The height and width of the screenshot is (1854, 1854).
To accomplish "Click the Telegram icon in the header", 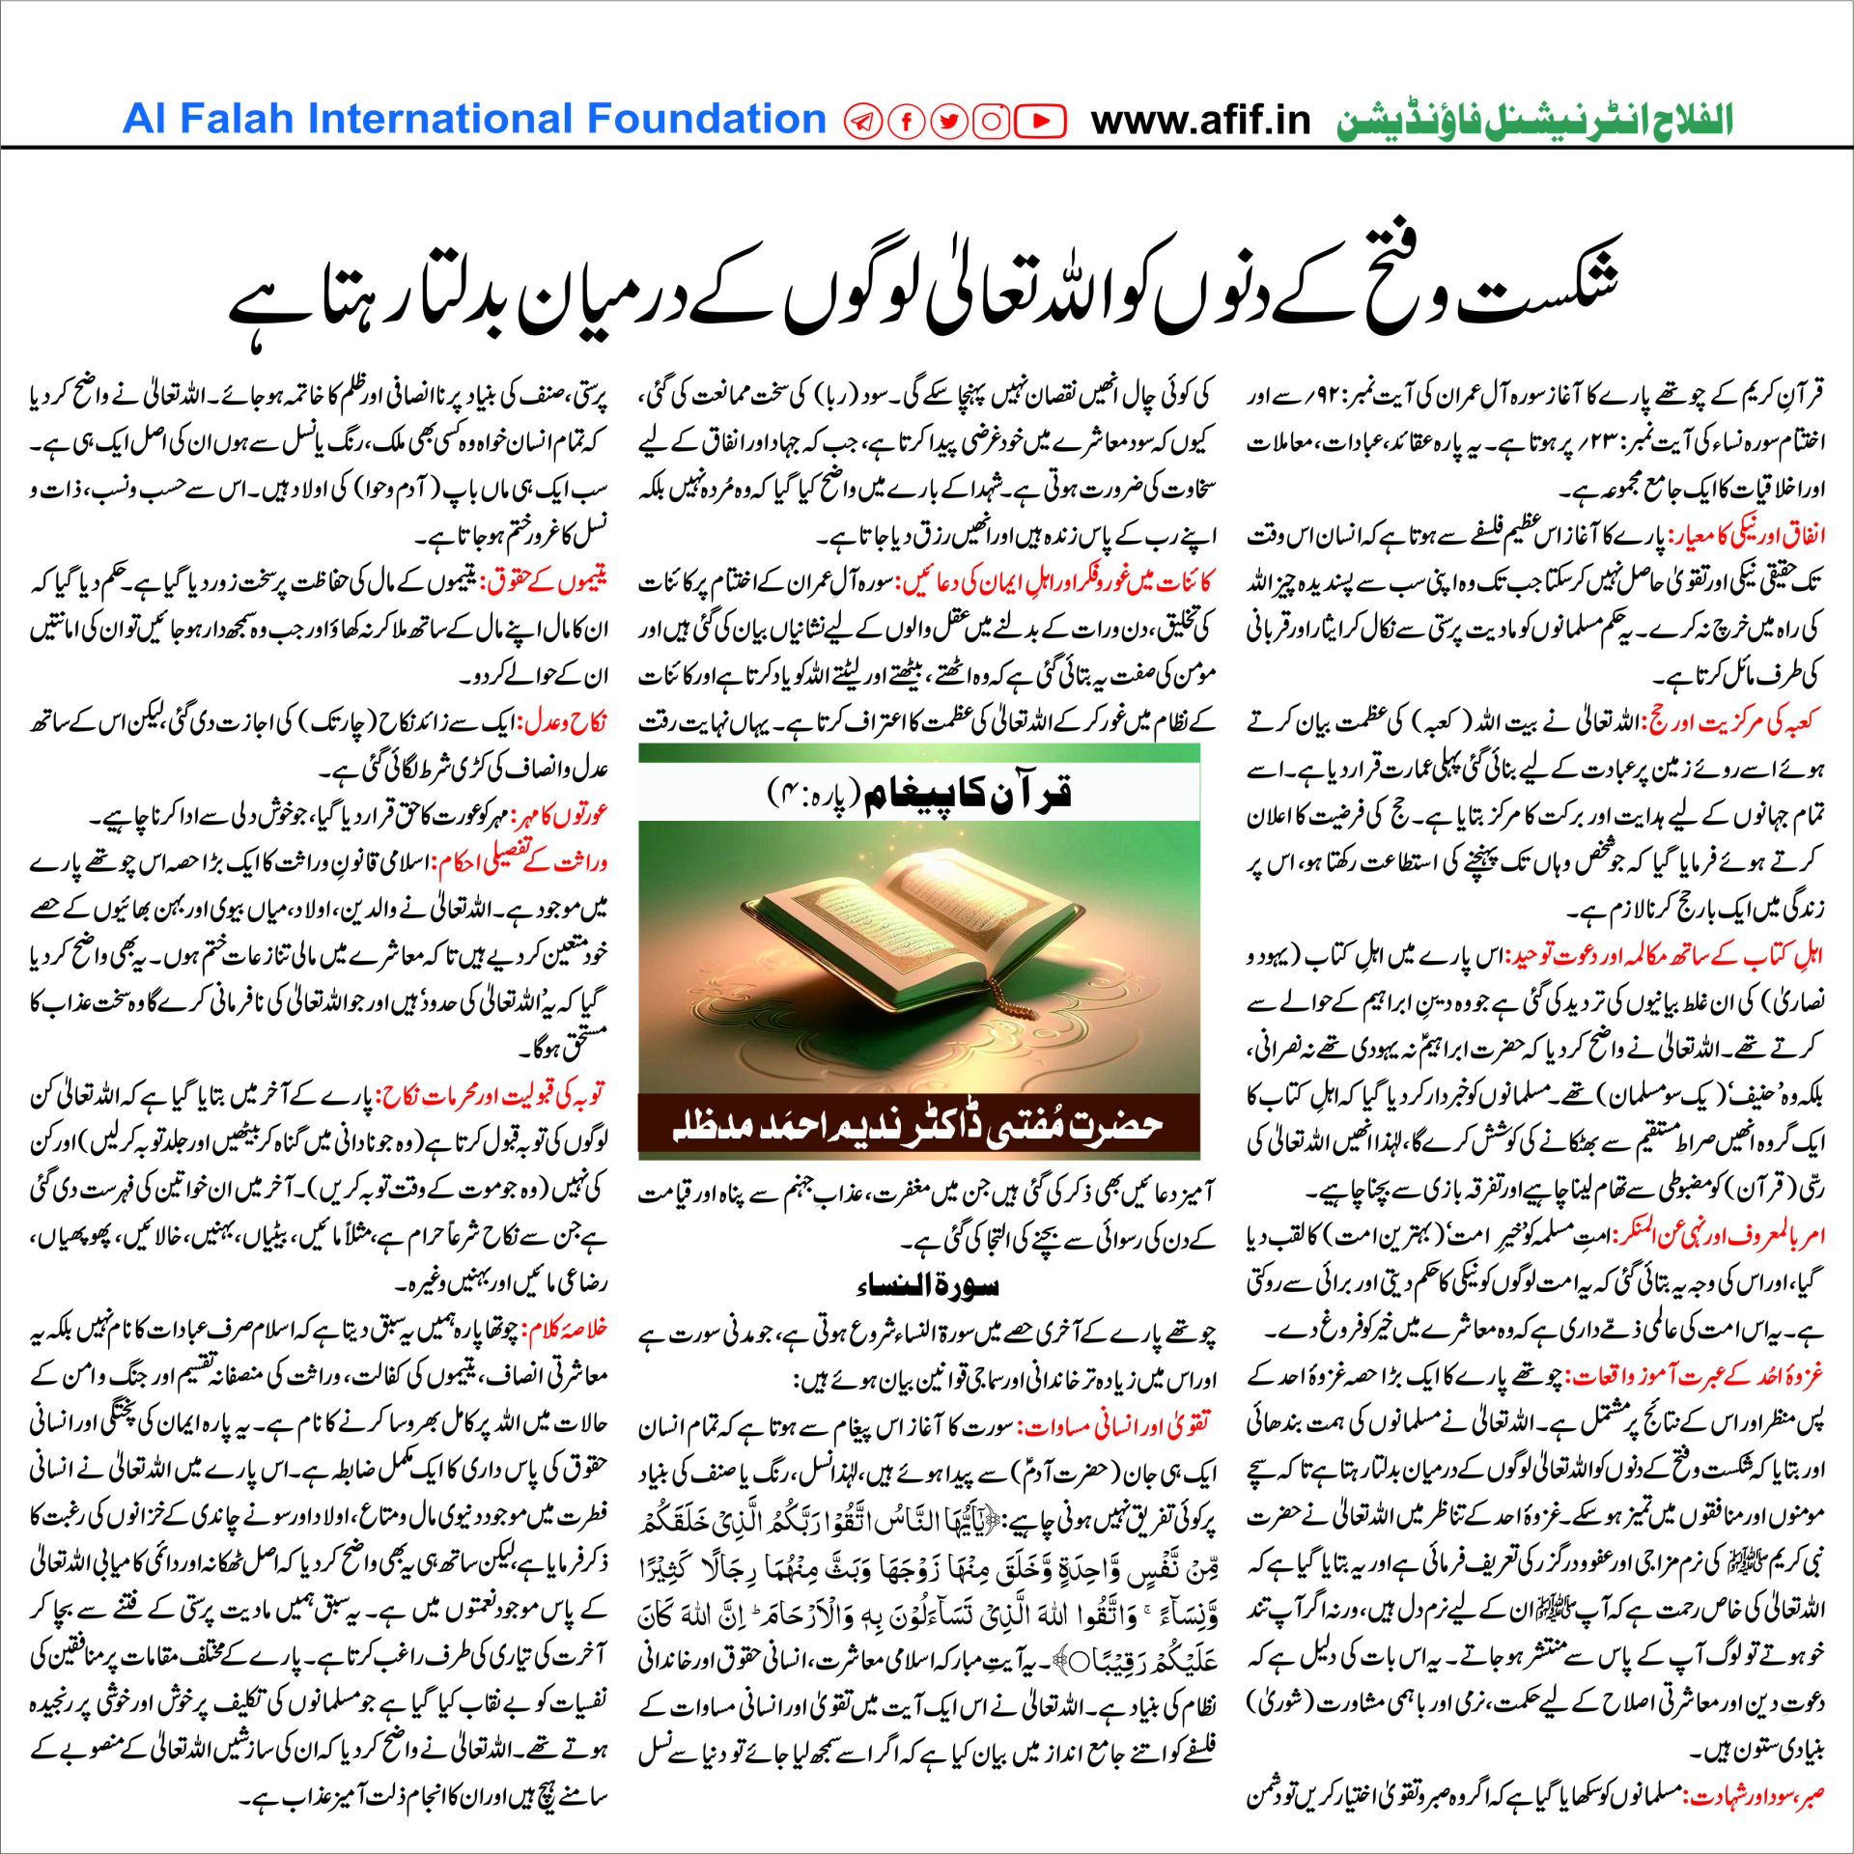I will [862, 122].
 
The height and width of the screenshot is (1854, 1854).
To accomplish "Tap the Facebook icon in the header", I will [907, 122].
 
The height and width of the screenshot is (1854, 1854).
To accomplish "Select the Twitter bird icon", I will [948, 122].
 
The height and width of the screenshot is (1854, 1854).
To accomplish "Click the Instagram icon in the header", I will [991, 122].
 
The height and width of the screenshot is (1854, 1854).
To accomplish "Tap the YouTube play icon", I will [1040, 122].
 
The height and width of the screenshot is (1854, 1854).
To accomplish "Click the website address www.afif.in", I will [1200, 121].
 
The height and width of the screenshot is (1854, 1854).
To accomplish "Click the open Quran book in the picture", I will [917, 927].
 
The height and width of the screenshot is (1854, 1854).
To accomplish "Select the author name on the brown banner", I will [917, 1125].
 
